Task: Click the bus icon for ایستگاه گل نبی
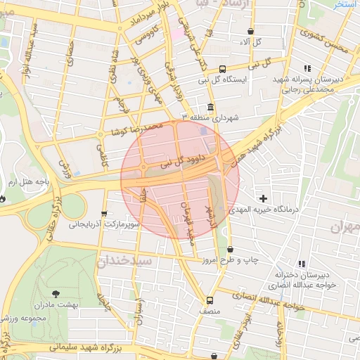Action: point(222,69)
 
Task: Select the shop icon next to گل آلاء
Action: point(252,32)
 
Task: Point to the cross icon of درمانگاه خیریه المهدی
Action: point(264,198)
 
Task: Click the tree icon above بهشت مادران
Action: point(56,294)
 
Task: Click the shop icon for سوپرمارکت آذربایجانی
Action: point(105,214)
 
